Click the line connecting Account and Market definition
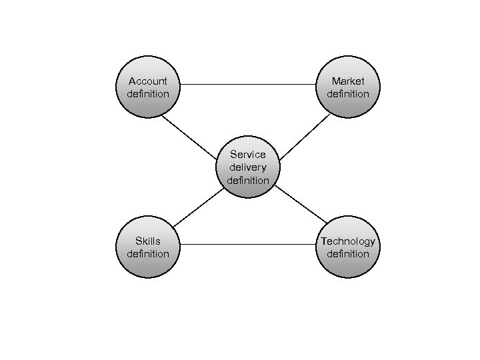click(248, 85)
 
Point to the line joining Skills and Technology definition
click(248, 244)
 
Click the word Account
click(148, 81)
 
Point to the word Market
click(348, 81)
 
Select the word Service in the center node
click(248, 155)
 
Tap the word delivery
click(248, 167)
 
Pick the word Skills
click(148, 241)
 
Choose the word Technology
click(348, 241)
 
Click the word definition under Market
click(348, 94)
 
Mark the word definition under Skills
click(148, 253)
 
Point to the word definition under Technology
click(348, 253)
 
